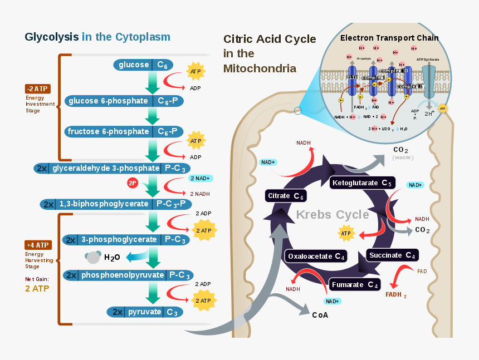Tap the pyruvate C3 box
click(x=146, y=312)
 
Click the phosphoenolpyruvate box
click(x=128, y=275)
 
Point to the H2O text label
click(x=112, y=257)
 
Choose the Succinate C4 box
click(x=392, y=255)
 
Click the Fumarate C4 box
click(x=355, y=285)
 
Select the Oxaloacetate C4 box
click(x=316, y=256)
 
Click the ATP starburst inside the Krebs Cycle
click(x=346, y=233)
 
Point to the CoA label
click(x=320, y=315)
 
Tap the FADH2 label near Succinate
click(x=396, y=294)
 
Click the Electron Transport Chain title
click(x=389, y=38)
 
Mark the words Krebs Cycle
click(x=332, y=215)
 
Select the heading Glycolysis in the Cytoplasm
click(x=97, y=37)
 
